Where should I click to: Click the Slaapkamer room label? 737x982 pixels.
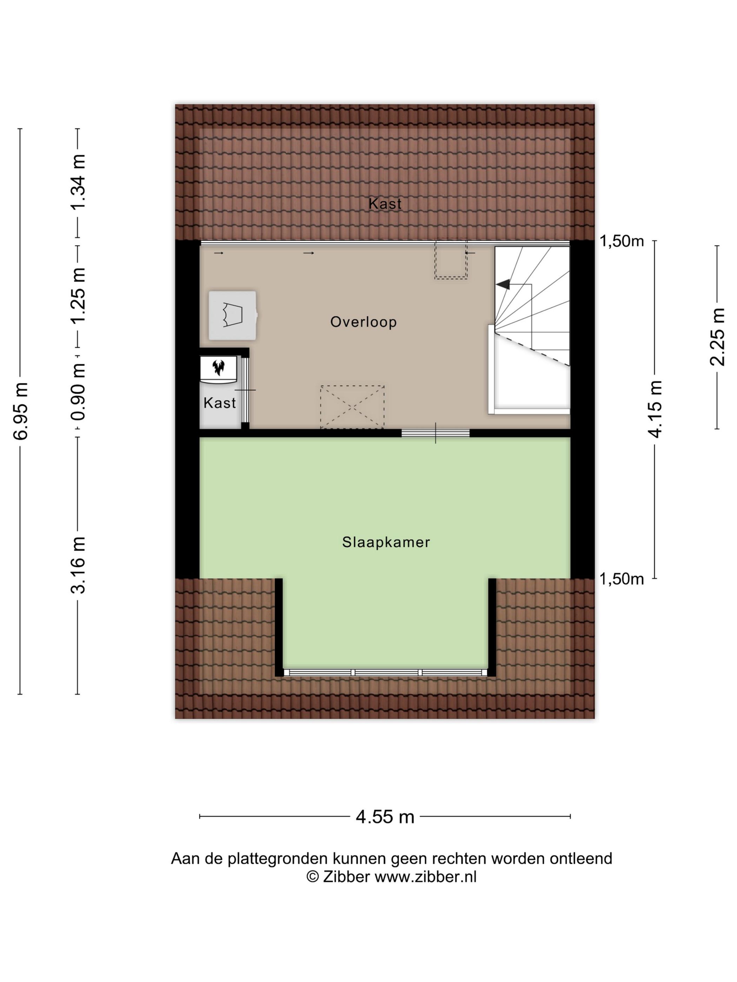point(386,542)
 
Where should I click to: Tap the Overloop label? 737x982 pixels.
point(363,322)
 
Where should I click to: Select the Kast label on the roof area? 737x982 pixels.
point(385,204)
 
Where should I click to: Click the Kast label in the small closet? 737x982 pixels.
point(219,403)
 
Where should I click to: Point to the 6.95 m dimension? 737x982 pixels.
point(21,411)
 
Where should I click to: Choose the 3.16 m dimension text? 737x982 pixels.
point(78,565)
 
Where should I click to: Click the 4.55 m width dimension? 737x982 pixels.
point(385,816)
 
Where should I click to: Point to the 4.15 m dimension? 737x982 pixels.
point(655,409)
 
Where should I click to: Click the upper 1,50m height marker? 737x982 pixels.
point(622,241)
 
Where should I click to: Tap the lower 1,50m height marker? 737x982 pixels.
point(622,579)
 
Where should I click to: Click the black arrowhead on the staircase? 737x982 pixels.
point(503,284)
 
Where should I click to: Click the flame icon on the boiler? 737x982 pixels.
point(218,367)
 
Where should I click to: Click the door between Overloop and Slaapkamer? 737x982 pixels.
point(436,433)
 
